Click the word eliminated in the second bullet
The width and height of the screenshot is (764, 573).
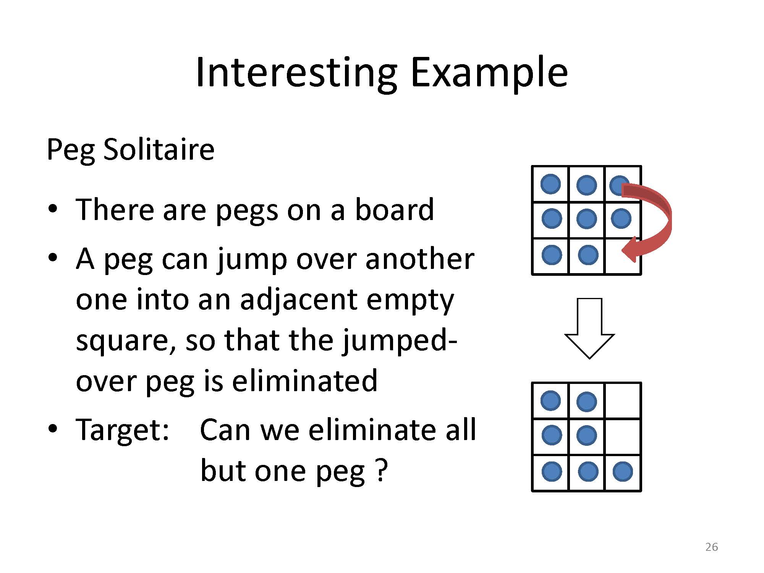click(x=304, y=380)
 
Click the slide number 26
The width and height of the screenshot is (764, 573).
click(x=712, y=547)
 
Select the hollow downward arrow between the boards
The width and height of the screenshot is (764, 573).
click(x=589, y=329)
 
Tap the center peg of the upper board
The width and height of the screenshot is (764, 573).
click(x=586, y=219)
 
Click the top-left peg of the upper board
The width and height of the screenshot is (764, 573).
click(x=550, y=184)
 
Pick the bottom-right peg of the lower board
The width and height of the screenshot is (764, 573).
click(x=623, y=471)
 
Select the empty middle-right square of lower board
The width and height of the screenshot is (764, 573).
click(x=623, y=437)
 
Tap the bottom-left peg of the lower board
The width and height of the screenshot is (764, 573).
click(x=552, y=471)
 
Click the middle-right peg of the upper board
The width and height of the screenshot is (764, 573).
click(x=621, y=219)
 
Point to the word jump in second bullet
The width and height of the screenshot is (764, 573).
click(x=253, y=260)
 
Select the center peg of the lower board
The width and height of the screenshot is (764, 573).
click(x=586, y=435)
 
